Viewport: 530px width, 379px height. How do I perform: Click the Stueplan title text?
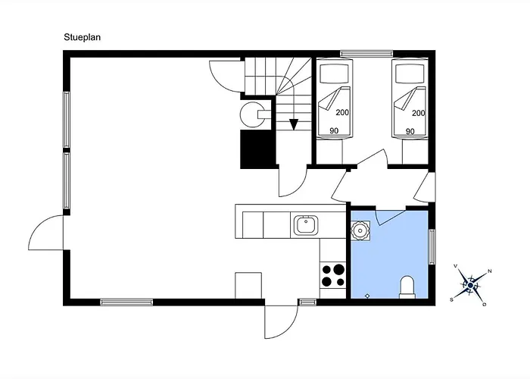tap(82, 37)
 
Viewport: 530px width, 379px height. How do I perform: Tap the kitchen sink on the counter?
tap(306, 225)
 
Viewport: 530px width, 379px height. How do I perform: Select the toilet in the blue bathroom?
tap(407, 287)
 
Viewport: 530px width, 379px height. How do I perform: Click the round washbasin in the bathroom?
tap(360, 231)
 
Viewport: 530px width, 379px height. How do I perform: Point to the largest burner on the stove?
tap(338, 269)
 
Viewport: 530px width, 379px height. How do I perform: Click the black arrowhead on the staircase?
tap(294, 124)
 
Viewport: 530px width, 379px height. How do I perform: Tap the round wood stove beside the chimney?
tap(252, 114)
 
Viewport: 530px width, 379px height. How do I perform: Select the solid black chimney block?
tap(257, 149)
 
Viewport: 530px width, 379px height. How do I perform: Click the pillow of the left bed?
tap(334, 74)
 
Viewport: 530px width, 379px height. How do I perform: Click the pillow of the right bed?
tap(410, 74)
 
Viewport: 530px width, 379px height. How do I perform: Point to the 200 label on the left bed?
tap(342, 112)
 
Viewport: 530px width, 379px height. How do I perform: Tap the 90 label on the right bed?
tap(410, 131)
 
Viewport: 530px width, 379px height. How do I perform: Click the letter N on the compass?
tap(490, 271)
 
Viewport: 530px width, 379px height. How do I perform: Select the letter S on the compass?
tap(451, 300)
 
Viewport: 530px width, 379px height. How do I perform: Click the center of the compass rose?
tap(470, 286)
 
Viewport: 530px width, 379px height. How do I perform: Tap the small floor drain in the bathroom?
tap(367, 296)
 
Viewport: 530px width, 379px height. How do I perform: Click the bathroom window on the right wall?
tap(432, 246)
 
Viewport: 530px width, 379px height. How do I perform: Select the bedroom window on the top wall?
tap(366, 54)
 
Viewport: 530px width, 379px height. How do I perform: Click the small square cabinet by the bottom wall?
tap(248, 286)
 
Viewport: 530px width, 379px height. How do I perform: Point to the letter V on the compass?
tap(455, 266)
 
